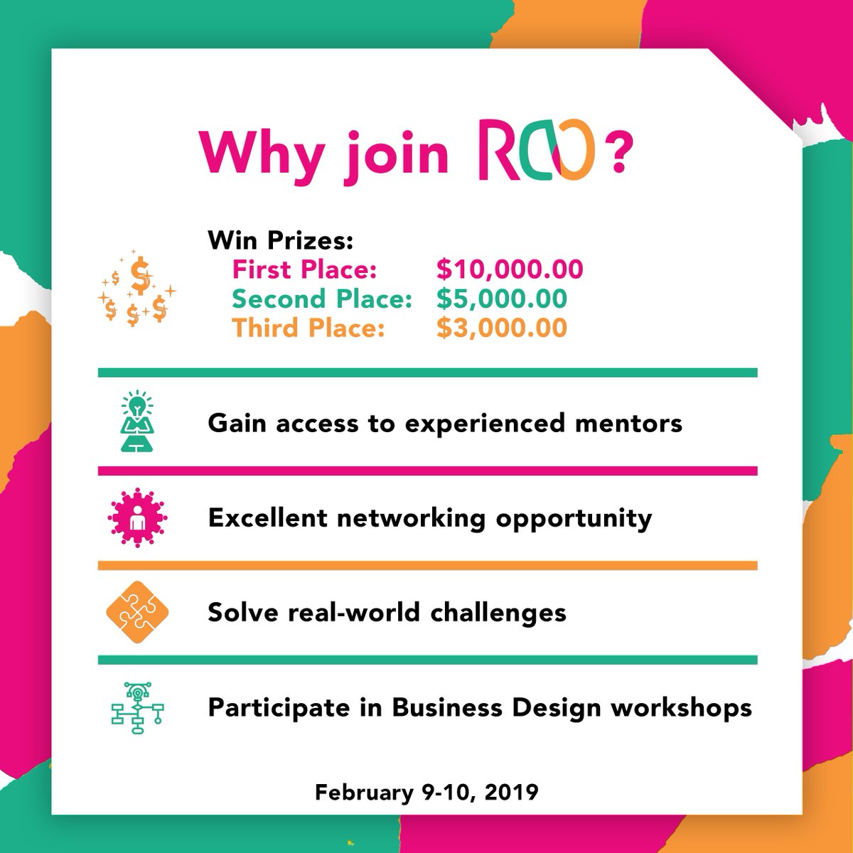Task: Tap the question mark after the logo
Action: coord(617,154)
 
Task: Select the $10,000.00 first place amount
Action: coord(510,269)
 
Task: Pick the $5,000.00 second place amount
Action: coord(502,299)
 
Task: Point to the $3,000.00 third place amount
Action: coord(502,328)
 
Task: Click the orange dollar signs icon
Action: coord(137,289)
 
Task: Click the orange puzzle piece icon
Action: coord(136,612)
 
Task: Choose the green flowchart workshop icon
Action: coord(136,707)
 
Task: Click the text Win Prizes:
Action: coord(280,240)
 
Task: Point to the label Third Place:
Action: coord(309,328)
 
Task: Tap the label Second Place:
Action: coord(322,299)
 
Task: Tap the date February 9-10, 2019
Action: coord(426,792)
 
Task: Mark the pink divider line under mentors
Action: coord(427,471)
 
